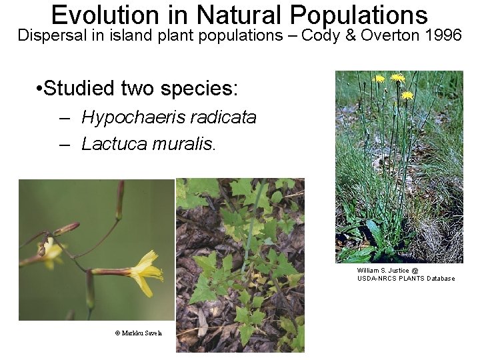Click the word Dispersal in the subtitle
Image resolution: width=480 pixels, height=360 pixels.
[52, 35]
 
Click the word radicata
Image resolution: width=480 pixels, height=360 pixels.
[223, 118]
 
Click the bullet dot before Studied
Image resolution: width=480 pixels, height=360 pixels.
[41, 89]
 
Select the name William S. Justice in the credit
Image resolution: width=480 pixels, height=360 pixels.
[384, 271]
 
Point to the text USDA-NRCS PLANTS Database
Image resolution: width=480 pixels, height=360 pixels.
[406, 279]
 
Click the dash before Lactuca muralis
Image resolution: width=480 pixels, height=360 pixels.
[65, 143]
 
